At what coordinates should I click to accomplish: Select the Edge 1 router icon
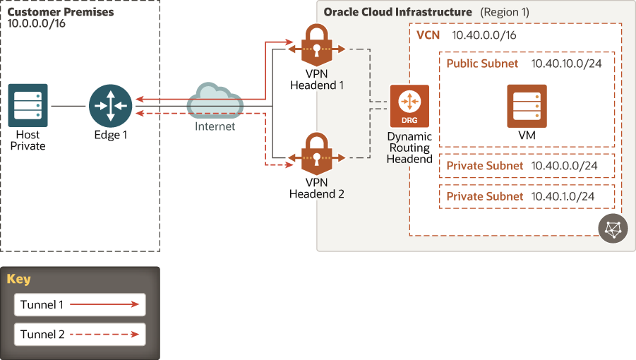(111, 105)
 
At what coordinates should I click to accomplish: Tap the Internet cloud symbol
(215, 103)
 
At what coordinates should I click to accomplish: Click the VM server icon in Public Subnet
(527, 105)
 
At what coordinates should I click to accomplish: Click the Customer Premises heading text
(61, 12)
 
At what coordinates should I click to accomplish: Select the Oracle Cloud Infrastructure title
(397, 12)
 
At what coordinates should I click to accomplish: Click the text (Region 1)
(504, 12)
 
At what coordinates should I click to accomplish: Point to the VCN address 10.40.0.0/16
(484, 35)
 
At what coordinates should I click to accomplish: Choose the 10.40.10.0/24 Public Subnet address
(566, 64)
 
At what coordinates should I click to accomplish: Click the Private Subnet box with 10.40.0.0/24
(527, 166)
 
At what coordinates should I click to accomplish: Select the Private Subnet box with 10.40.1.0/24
(527, 196)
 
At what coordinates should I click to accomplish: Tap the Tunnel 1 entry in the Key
(79, 305)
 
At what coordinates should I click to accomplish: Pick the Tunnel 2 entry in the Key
(79, 335)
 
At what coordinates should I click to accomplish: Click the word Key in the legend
(18, 279)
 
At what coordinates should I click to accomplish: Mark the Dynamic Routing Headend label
(409, 148)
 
